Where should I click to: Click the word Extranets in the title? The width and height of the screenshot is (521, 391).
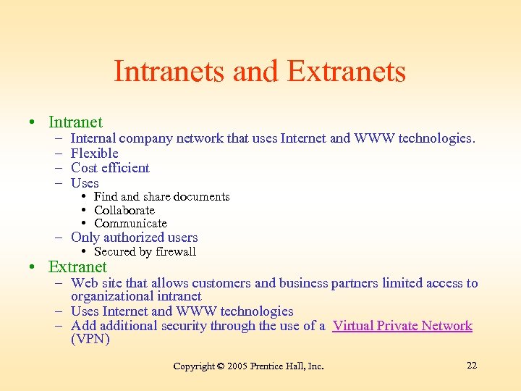346,72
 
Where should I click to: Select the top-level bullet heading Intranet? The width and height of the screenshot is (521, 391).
75,122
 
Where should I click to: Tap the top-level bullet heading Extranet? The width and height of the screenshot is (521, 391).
77,266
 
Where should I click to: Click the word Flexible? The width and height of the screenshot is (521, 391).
94,153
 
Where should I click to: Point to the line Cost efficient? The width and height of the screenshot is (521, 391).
110,168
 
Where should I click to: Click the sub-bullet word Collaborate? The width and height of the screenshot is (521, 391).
124,210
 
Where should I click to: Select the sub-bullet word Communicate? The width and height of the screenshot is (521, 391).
130,224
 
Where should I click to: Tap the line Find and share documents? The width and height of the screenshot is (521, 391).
161,197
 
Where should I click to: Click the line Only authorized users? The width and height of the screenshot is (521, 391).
134,237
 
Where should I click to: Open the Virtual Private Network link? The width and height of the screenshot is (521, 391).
402,326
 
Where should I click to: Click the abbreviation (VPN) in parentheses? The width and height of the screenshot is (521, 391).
90,340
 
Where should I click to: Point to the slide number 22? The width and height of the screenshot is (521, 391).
472,366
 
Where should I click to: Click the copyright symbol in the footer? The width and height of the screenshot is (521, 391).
221,366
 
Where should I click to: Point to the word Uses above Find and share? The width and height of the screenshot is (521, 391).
85,183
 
